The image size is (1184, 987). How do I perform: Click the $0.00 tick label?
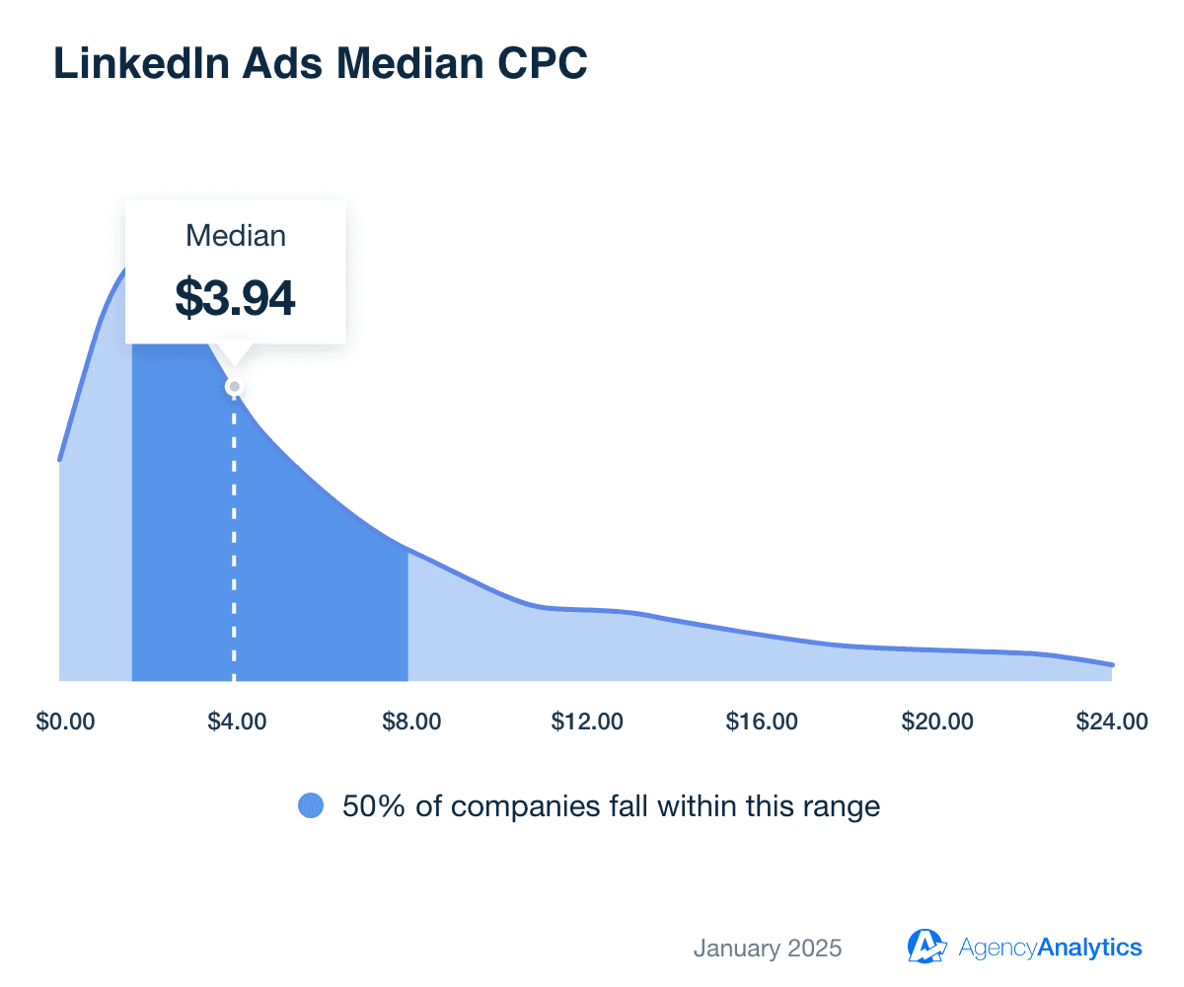(65, 721)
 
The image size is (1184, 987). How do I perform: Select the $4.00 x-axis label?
(237, 721)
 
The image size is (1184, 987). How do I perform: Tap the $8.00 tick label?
(411, 721)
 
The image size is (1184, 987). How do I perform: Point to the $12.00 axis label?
(587, 721)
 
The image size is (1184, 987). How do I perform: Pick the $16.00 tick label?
(762, 721)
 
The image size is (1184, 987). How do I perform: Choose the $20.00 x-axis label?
(936, 721)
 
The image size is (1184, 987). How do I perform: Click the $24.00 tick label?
(1111, 721)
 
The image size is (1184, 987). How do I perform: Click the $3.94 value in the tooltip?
(235, 297)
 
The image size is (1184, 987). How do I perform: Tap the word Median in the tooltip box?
(236, 237)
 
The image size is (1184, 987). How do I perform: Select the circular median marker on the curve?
(234, 387)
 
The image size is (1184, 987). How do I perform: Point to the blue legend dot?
(311, 806)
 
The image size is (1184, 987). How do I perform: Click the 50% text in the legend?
(370, 806)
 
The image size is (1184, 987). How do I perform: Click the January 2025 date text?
(768, 949)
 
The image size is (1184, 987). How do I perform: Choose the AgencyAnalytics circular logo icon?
(926, 947)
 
